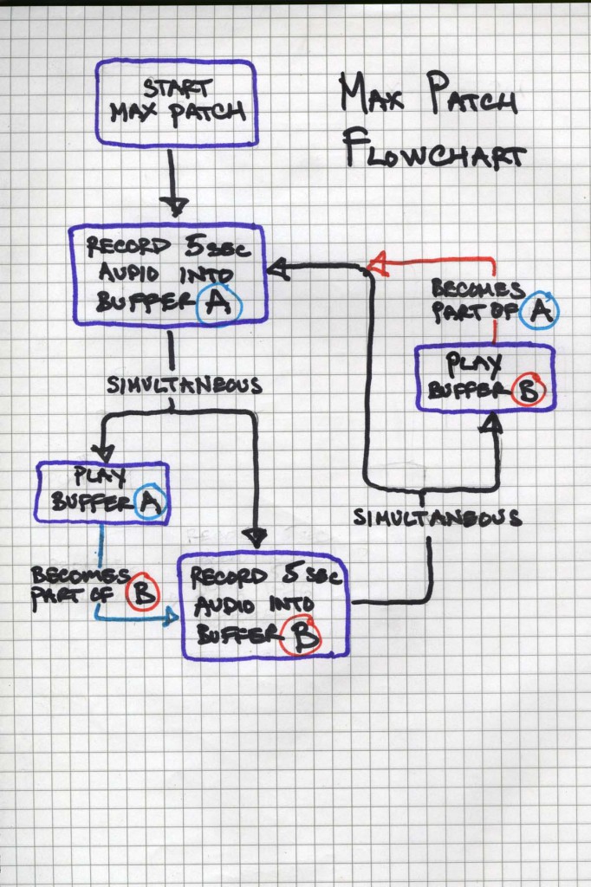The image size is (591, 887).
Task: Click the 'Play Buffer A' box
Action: (x=102, y=493)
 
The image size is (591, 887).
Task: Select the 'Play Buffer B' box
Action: (x=484, y=379)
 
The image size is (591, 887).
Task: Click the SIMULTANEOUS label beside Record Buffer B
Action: (x=438, y=517)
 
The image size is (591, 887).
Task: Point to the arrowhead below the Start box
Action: (x=174, y=206)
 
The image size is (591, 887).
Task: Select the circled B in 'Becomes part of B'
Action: (x=142, y=593)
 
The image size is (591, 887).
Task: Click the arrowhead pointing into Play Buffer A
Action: (x=103, y=451)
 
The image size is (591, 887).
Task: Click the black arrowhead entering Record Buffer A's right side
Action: (x=278, y=271)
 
